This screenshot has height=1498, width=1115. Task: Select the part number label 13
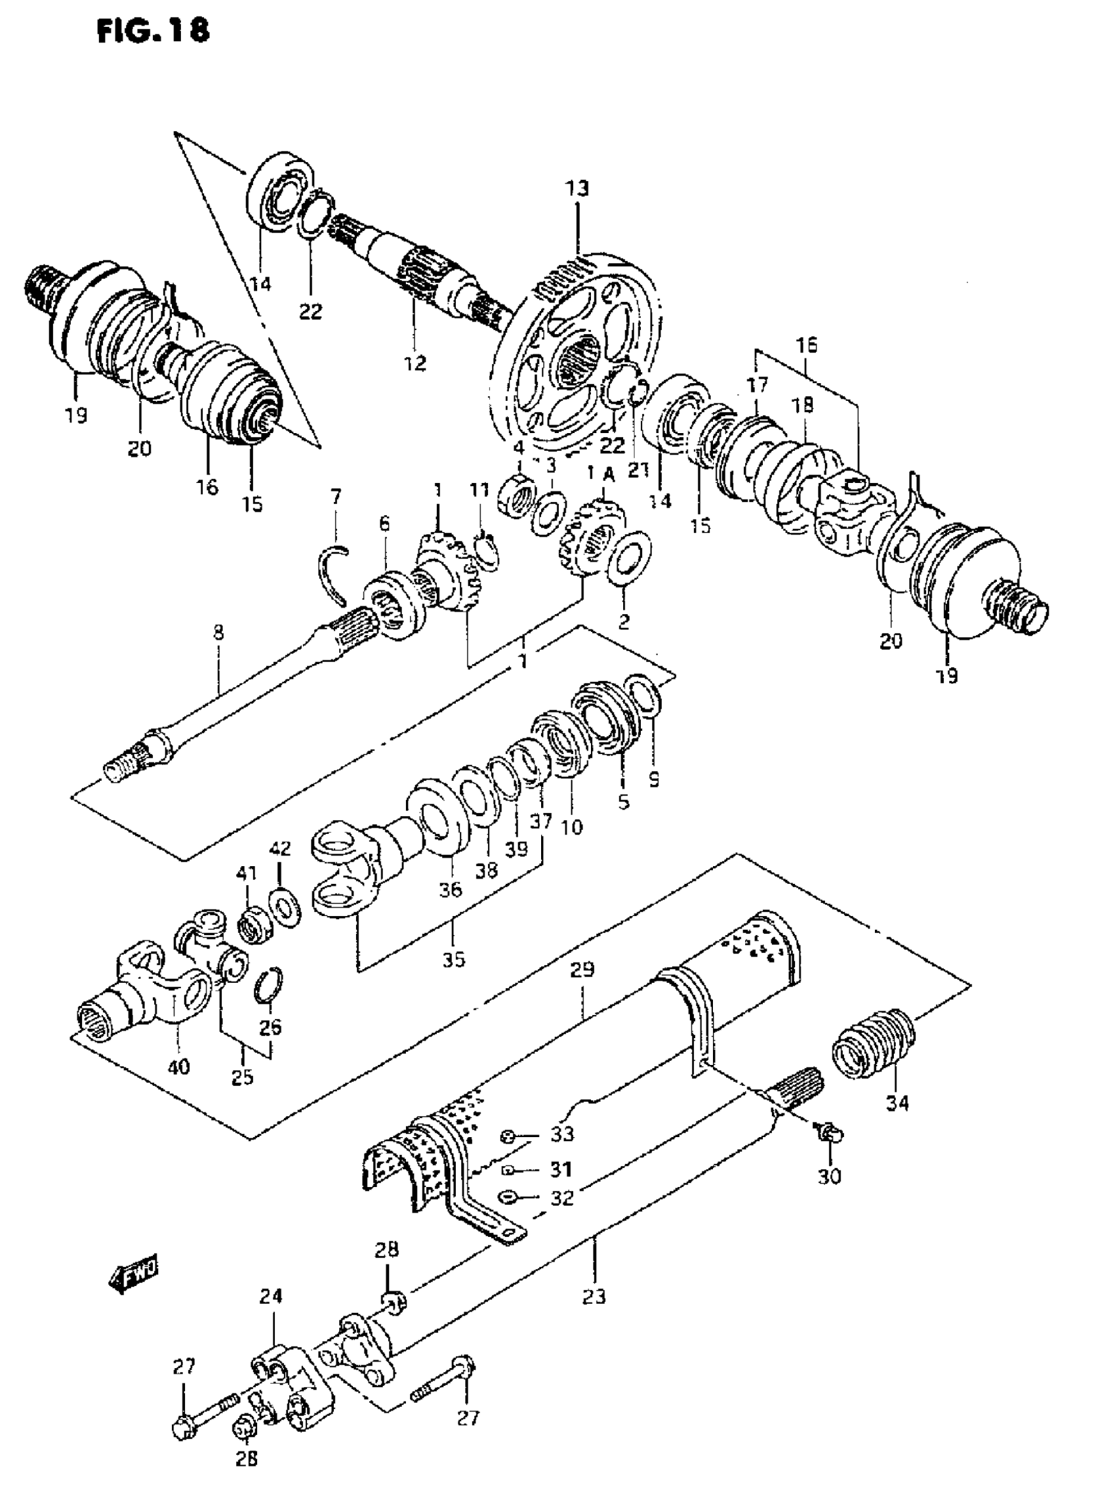point(578,188)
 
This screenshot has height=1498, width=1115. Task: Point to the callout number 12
point(415,364)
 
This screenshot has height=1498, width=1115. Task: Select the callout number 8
point(218,633)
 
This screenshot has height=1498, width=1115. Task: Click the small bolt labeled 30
point(828,1134)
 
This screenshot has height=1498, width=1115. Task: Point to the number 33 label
point(562,1133)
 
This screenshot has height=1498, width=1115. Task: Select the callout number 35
point(454,959)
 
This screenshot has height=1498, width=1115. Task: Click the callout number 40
point(179,1066)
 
